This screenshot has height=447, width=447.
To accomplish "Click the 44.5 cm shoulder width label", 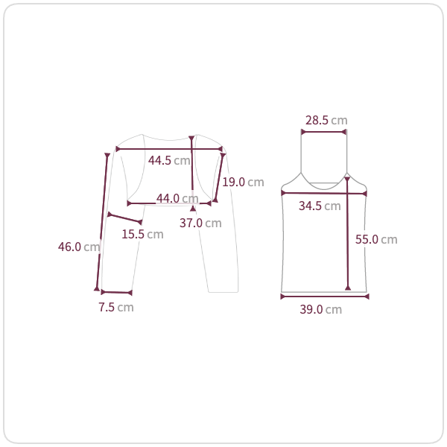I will click(x=169, y=160).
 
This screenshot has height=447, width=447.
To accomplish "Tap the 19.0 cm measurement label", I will click(x=243, y=182).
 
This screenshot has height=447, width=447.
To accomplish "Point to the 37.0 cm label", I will click(x=200, y=223).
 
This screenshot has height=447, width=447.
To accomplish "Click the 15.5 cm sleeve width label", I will click(x=142, y=234).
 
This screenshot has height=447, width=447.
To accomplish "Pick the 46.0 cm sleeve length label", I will click(x=79, y=247).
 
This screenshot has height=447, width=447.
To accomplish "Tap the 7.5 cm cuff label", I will click(x=116, y=307).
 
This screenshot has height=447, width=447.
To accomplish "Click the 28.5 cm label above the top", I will click(x=326, y=120).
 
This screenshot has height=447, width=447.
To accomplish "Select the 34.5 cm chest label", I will click(x=320, y=206).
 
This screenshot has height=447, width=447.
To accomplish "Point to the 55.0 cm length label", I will click(x=376, y=239).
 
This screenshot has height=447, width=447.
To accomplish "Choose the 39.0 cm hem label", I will click(x=321, y=310).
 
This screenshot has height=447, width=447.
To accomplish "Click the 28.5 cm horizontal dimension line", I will click(x=324, y=133).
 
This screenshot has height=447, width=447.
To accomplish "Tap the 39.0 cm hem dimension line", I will click(x=324, y=297).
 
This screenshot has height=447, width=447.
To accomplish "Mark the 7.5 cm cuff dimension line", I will click(x=116, y=292).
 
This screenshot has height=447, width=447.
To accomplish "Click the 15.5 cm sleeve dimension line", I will click(x=124, y=218).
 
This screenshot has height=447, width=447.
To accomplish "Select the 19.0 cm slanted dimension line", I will click(x=219, y=178).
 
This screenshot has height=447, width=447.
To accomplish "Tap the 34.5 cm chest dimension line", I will click(x=324, y=194).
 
